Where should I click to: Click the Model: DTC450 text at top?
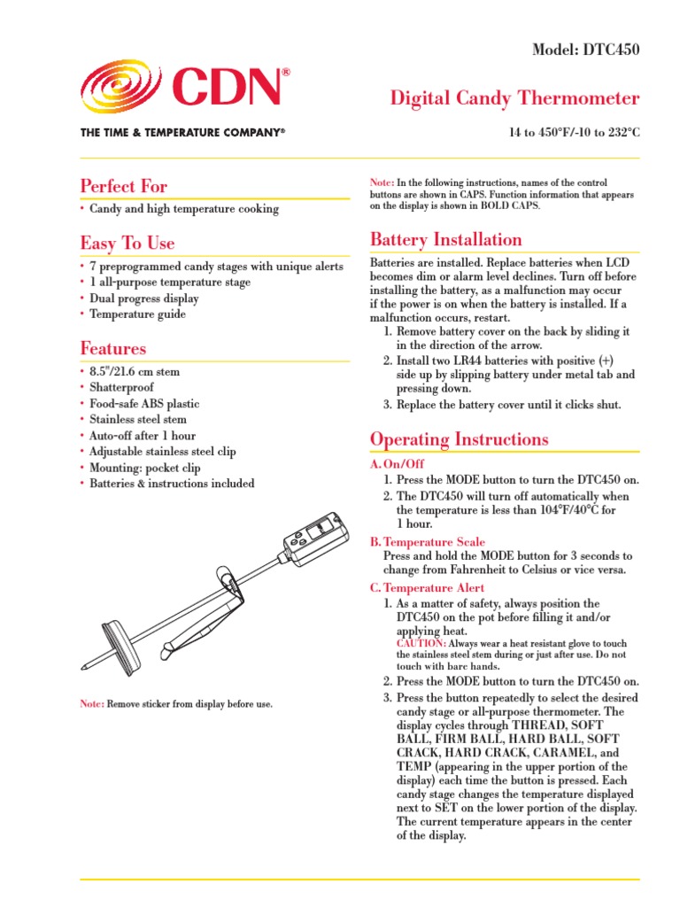pyautogui.click(x=584, y=50)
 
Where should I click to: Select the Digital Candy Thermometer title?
pyautogui.click(x=514, y=97)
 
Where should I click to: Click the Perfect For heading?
pyautogui.click(x=123, y=186)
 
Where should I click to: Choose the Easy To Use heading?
pyautogui.click(x=127, y=243)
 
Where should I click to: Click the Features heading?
pyautogui.click(x=113, y=348)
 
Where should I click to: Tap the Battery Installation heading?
pyautogui.click(x=445, y=239)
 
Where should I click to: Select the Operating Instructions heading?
pyautogui.click(x=459, y=439)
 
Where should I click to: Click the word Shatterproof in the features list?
pyautogui.click(x=121, y=387)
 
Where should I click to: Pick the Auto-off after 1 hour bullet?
pyautogui.click(x=143, y=436)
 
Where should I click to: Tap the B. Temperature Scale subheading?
pyautogui.click(x=429, y=541)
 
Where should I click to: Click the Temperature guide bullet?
pyautogui.click(x=137, y=314)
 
